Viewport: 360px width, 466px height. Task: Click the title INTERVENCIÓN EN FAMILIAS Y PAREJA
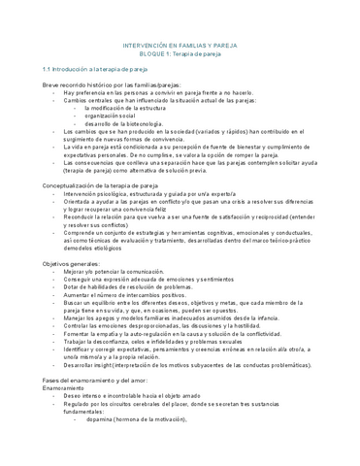(180, 45)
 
